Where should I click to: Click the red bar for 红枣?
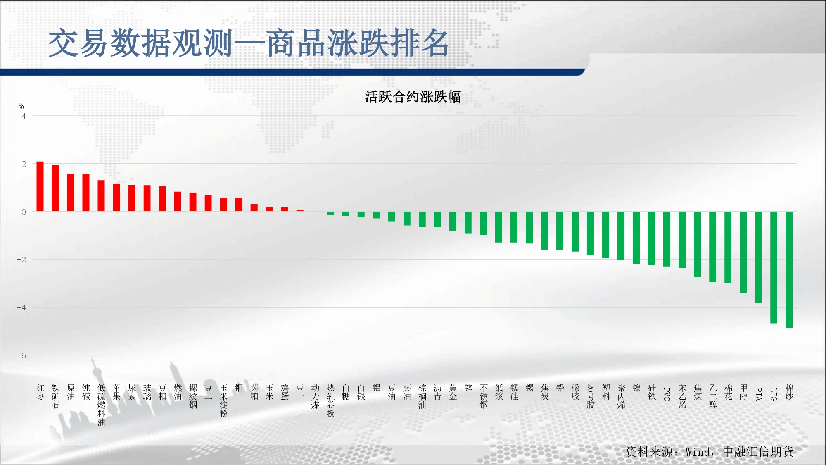click(x=40, y=186)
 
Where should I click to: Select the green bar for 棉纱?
click(x=789, y=270)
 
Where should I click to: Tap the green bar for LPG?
click(x=774, y=267)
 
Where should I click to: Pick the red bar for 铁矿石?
click(x=55, y=188)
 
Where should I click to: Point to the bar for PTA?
click(x=758, y=257)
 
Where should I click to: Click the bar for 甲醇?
click(x=743, y=252)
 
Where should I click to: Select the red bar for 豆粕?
click(x=162, y=199)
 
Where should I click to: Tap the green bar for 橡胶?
click(x=575, y=231)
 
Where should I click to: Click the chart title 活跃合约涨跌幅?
click(x=413, y=97)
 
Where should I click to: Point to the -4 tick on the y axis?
click(x=21, y=308)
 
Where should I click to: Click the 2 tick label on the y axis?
click(x=24, y=164)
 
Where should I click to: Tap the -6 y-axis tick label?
click(x=21, y=355)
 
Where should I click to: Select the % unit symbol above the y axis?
click(x=21, y=106)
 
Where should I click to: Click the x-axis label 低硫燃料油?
click(x=101, y=405)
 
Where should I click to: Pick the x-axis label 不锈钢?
click(x=484, y=396)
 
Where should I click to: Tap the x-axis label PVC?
click(x=667, y=394)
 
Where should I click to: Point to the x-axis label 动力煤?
click(x=315, y=396)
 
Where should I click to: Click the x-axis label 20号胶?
click(x=591, y=396)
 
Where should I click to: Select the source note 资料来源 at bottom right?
click(x=710, y=452)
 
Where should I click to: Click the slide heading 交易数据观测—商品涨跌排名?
click(x=249, y=43)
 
